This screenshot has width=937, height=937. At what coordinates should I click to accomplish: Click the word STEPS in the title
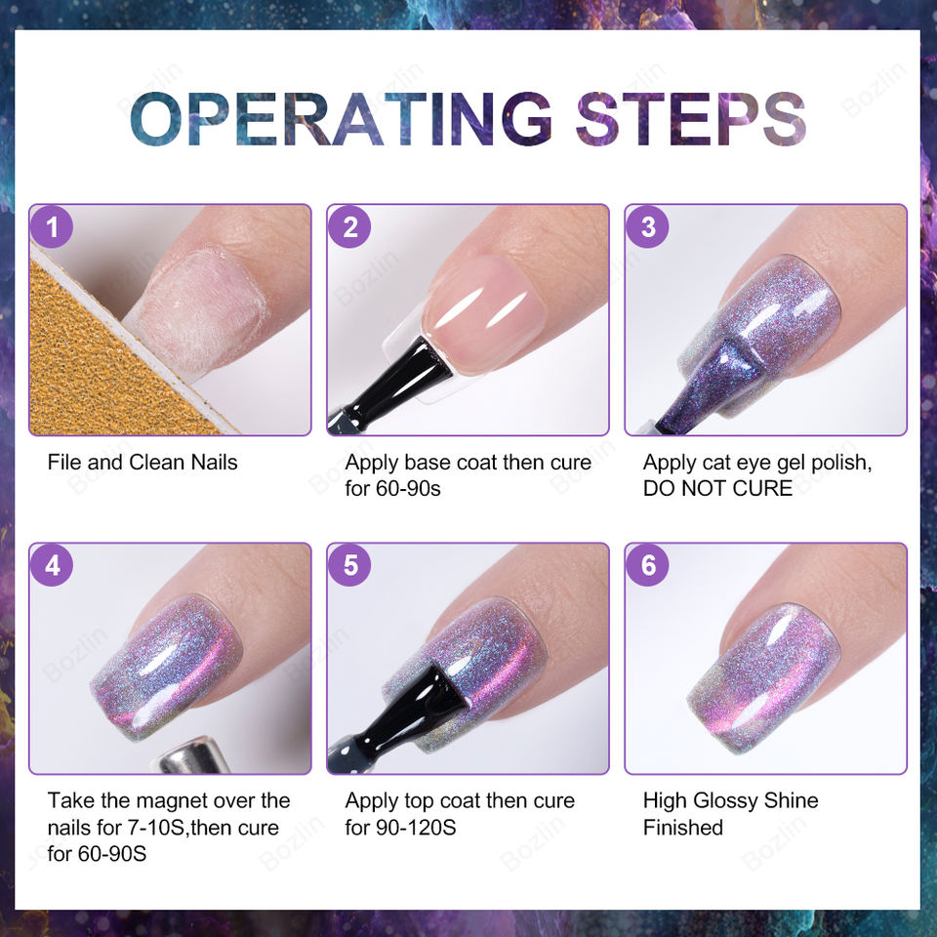click(691, 118)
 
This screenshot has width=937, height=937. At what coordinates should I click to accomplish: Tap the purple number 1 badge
click(52, 226)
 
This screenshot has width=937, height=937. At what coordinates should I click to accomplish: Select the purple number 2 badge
click(349, 226)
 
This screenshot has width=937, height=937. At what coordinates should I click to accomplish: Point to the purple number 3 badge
click(648, 226)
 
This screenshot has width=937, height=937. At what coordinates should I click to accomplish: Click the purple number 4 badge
click(52, 565)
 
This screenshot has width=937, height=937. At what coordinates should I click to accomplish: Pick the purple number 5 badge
click(349, 565)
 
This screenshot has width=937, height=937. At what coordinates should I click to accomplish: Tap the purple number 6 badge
click(648, 565)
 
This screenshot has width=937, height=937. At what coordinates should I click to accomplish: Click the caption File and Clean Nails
click(143, 462)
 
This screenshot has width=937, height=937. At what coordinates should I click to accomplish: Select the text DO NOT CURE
click(717, 488)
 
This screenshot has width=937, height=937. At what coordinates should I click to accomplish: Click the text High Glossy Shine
click(730, 800)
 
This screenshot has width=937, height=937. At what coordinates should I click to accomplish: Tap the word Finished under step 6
click(683, 828)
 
